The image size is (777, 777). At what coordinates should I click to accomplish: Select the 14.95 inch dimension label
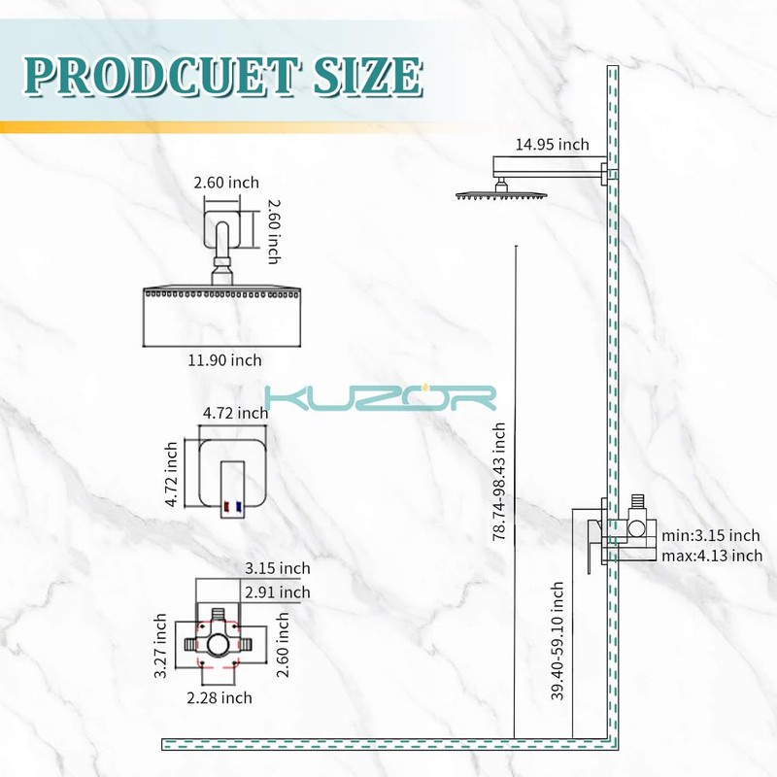pyautogui.click(x=552, y=145)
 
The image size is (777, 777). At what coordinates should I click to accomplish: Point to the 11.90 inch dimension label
pyautogui.click(x=224, y=360)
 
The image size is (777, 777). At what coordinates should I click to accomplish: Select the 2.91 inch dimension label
pyautogui.click(x=278, y=592)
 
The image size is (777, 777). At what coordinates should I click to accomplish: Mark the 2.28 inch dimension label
pyautogui.click(x=220, y=697)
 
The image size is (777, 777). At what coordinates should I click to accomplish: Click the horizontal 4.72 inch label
pyautogui.click(x=235, y=414)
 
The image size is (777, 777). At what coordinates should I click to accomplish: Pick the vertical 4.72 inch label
pyautogui.click(x=172, y=475)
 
